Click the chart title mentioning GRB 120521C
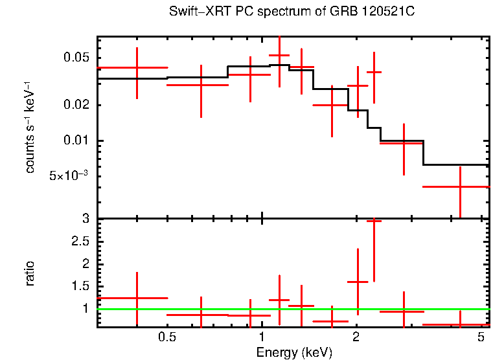pyautogui.click(x=295, y=12)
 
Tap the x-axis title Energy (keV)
pyautogui.click(x=294, y=352)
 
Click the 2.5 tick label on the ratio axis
pyautogui.click(x=82, y=242)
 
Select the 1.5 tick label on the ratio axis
pyautogui.click(x=82, y=286)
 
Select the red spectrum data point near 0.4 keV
pyautogui.click(x=137, y=67)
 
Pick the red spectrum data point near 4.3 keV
pyautogui.click(x=460, y=186)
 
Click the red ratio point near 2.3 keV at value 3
pyautogui.click(x=374, y=221)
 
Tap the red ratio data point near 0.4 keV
pyautogui.click(x=137, y=298)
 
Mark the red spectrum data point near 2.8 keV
pyautogui.click(x=403, y=142)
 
